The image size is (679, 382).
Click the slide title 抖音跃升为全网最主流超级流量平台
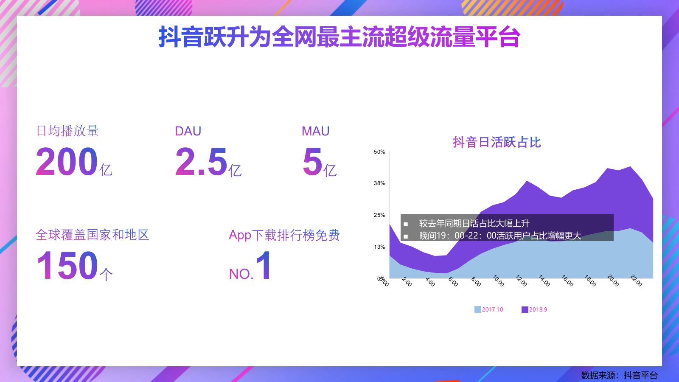point(339,37)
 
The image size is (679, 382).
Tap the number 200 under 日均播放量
point(67,162)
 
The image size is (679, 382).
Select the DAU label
point(188,131)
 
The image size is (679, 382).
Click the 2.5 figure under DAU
point(202,162)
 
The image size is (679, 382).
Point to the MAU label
point(315,131)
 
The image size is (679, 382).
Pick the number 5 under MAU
point(313,162)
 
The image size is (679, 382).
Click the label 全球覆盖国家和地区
point(93,235)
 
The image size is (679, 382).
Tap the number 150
point(67,266)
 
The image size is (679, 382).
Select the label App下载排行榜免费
point(284,235)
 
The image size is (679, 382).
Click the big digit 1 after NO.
point(264,265)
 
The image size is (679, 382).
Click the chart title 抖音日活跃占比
point(497,142)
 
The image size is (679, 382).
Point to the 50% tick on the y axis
point(379,152)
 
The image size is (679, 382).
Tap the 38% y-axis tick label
point(379,183)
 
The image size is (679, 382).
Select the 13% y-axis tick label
point(379,247)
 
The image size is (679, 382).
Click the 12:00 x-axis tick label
point(521,281)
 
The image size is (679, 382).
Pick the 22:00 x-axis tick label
point(636,281)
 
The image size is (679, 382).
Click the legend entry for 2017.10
point(489,309)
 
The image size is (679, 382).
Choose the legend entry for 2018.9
point(535,309)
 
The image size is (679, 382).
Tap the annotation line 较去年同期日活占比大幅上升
point(474,223)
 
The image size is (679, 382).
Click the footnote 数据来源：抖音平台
point(619,375)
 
